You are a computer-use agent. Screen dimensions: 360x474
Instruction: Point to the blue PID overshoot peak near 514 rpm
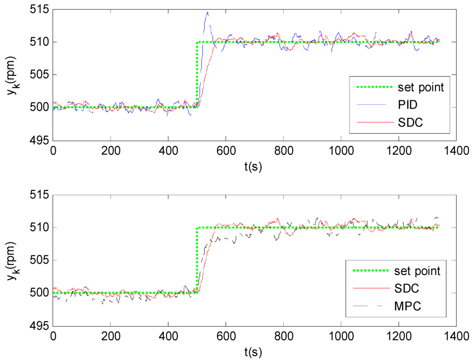(x=207, y=13)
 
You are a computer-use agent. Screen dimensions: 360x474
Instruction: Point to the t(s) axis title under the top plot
(x=254, y=167)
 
